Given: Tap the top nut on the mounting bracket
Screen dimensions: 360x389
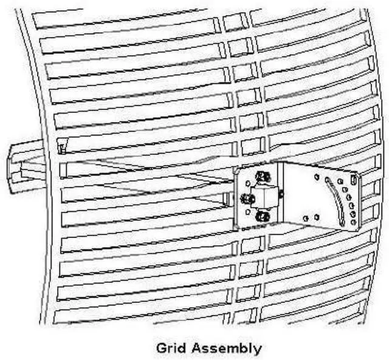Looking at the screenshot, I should pos(261,177).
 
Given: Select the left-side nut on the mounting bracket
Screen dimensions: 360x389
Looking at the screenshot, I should pos(247,199).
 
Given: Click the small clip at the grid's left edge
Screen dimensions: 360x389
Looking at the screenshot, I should pos(61,146).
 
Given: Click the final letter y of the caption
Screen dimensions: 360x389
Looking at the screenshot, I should pos(258,350).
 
